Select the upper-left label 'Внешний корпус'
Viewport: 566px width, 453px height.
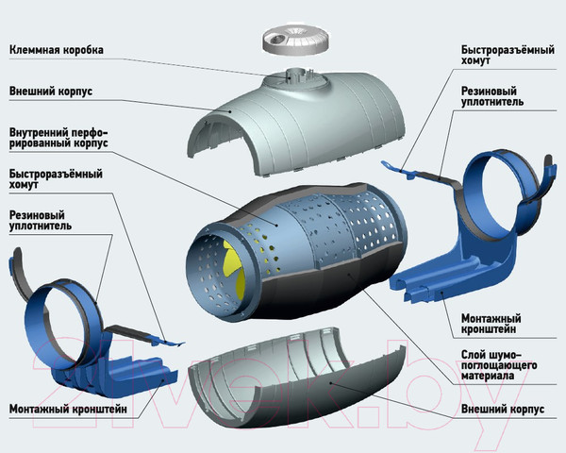[x=56, y=92]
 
